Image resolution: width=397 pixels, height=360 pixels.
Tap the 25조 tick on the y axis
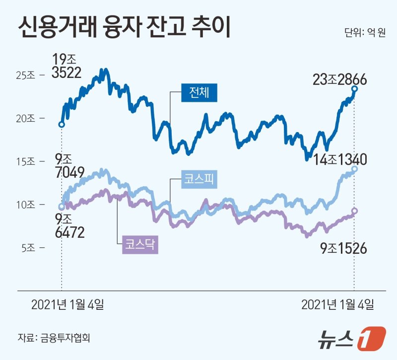click(25, 75)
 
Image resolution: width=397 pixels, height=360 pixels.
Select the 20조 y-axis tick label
click(25, 118)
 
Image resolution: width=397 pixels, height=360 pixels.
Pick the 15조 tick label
click(25, 161)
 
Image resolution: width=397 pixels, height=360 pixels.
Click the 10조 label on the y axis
click(25, 204)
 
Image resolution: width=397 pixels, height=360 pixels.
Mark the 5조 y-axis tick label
click(27, 247)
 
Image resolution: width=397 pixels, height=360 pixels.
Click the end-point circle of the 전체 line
click(354, 89)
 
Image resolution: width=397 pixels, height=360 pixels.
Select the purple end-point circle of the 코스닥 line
click(354, 211)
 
